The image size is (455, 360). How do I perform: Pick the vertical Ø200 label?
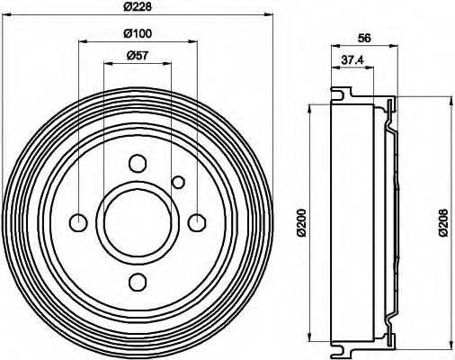(x=301, y=221)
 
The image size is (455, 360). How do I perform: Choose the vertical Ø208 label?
(x=443, y=221)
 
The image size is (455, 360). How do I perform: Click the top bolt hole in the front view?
(x=138, y=164)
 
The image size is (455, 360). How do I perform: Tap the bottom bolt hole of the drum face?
(x=138, y=282)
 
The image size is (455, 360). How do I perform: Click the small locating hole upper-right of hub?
(x=178, y=183)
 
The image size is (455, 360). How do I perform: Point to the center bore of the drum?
(x=138, y=222)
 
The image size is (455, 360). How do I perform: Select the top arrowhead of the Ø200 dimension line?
(x=311, y=106)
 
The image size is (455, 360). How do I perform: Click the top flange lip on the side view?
(x=341, y=91)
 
